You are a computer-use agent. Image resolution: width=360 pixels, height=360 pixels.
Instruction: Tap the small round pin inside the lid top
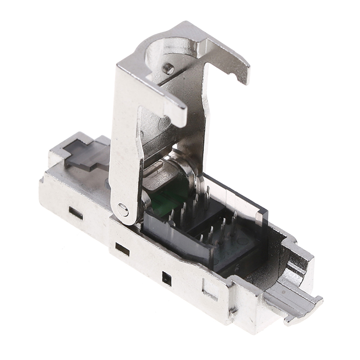(168, 68)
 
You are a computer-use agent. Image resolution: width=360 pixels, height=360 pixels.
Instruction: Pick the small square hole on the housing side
(167, 279)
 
